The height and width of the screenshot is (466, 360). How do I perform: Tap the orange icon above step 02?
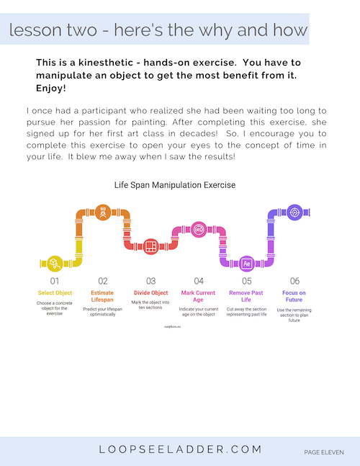click(102, 212)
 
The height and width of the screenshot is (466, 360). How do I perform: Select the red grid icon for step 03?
click(150, 246)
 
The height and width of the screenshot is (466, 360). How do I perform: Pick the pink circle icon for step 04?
click(199, 229)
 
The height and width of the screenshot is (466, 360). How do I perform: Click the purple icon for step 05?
click(246, 263)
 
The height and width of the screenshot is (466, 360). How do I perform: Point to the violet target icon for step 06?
click(294, 212)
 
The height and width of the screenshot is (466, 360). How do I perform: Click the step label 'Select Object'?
click(55, 293)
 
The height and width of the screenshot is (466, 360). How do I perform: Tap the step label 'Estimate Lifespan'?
click(102, 297)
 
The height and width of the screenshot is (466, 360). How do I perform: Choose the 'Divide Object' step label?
click(150, 293)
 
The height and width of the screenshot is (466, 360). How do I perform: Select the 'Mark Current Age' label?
click(199, 297)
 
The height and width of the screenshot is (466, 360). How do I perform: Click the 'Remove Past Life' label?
click(246, 297)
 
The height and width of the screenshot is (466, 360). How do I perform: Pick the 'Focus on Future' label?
click(294, 297)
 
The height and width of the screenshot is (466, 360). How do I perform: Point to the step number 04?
click(199, 280)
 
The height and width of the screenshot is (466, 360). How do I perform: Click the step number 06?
click(294, 280)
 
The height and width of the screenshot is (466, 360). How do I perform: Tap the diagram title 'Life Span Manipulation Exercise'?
click(175, 185)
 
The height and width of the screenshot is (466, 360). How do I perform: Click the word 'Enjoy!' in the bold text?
click(50, 88)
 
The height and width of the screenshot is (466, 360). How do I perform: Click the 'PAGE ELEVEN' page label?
click(323, 452)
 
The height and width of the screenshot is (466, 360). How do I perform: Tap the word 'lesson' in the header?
click(32, 31)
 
